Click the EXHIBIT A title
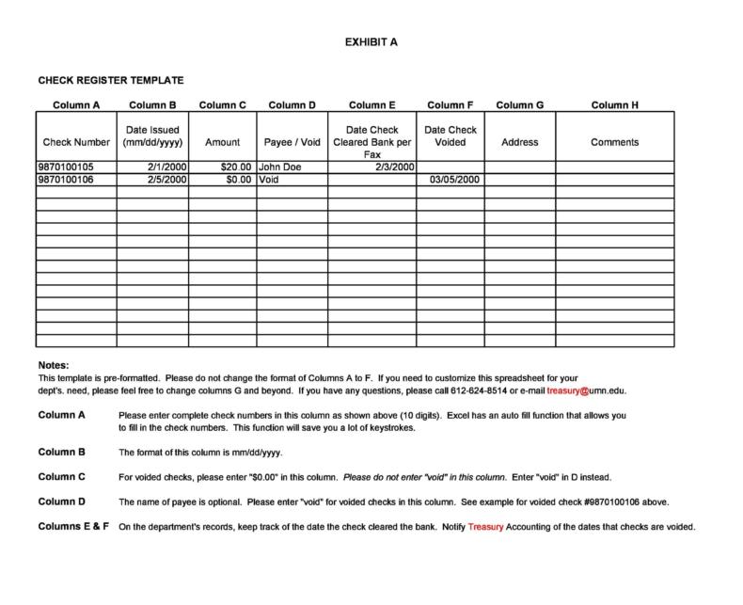tap(370, 42)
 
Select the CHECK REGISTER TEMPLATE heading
tap(110, 81)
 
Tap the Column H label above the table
tap(615, 105)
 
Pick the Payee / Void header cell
tap(292, 143)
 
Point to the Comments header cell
tap(615, 143)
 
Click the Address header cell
tap(520, 143)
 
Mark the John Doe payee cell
tap(278, 167)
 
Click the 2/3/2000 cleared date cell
tap(394, 167)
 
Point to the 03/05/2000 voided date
tap(454, 179)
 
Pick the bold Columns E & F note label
tap(74, 526)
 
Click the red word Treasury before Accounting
tap(486, 527)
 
